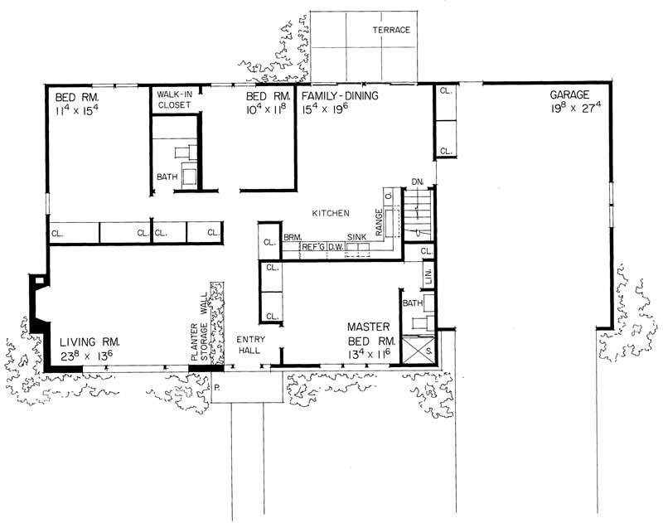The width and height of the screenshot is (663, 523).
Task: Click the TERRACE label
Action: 390,30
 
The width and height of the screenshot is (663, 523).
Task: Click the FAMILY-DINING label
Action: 339,95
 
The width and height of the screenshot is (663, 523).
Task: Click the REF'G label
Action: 312,246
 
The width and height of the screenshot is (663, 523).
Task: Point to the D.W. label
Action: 336,246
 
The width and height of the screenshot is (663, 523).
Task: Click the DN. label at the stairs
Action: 418,181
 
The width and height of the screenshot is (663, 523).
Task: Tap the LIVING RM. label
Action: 90,341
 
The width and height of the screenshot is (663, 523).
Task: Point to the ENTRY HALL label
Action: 249,345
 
